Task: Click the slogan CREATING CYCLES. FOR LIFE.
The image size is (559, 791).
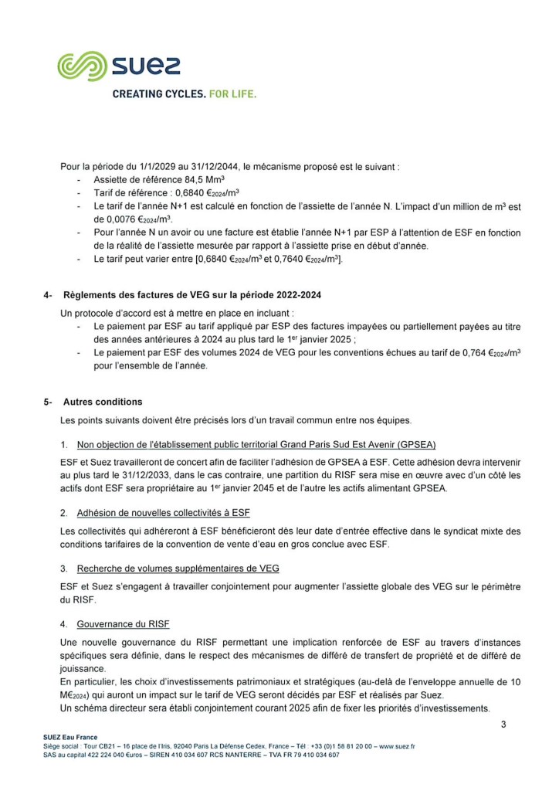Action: point(185,94)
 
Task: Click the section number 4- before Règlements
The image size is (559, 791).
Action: point(48,294)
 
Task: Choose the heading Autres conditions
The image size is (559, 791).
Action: point(103,402)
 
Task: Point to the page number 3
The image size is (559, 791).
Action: point(503,724)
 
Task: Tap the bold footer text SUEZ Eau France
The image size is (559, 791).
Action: point(70,738)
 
